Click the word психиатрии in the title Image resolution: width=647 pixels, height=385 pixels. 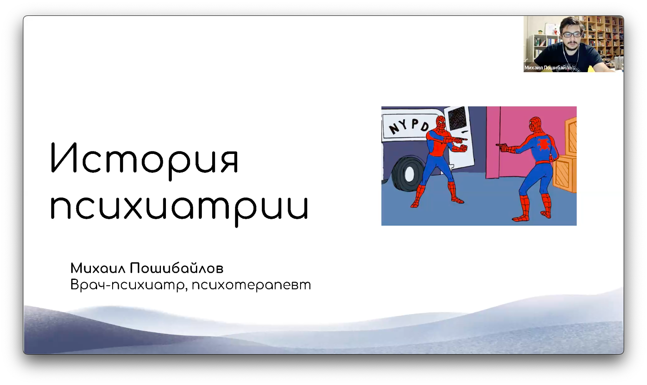pos(180,207)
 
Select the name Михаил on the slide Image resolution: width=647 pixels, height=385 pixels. pos(98,268)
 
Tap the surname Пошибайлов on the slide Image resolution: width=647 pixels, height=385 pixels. pos(176,268)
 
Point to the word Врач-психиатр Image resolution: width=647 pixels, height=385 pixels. pos(127,285)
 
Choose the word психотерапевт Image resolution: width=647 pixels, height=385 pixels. pos(251,285)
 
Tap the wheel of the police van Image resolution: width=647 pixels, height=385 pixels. pos(408,174)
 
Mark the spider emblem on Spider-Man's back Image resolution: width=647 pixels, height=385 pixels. pos(544,143)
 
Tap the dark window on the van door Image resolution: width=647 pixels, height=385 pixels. pos(457,118)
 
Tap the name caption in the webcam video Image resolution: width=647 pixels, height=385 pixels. pos(550,68)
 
